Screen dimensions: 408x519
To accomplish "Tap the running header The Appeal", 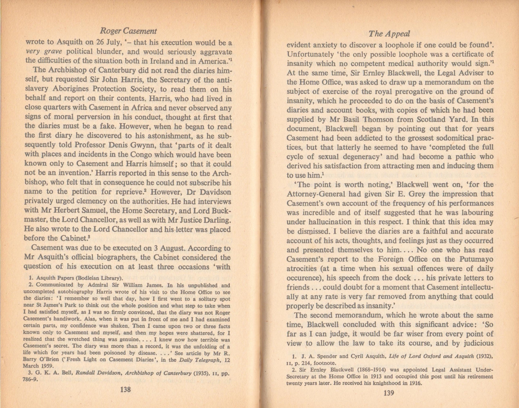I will [389, 33].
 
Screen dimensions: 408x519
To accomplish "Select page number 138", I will [125, 389].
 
